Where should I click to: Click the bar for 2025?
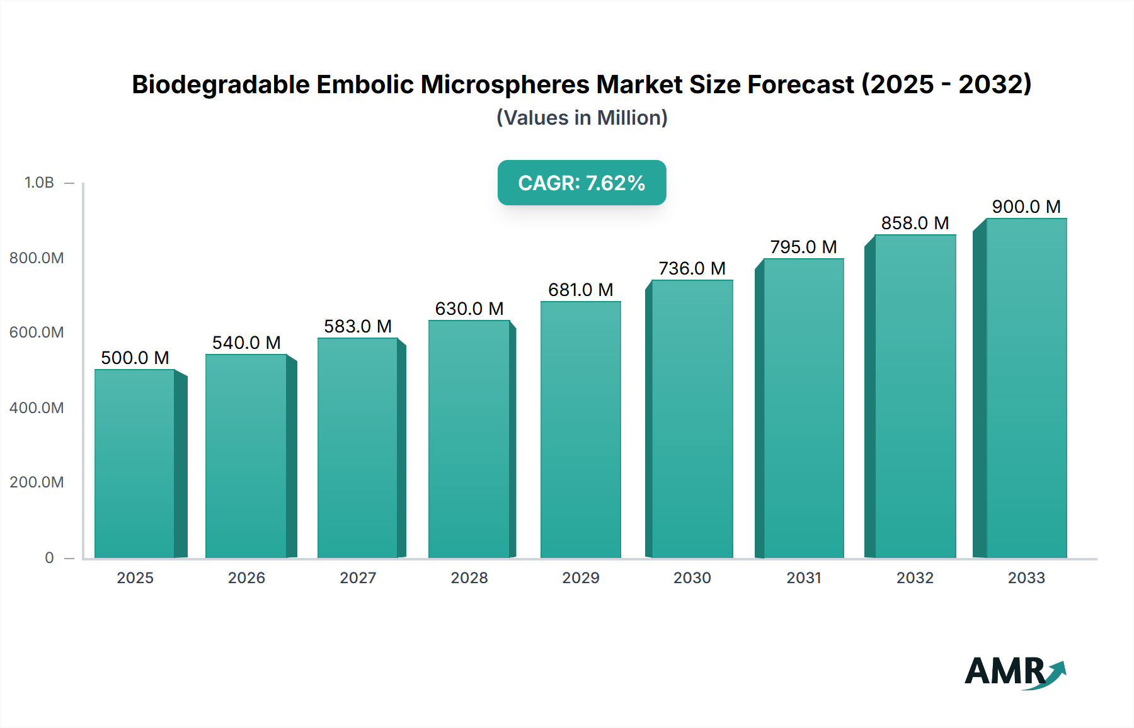135,464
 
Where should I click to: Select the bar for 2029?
580,429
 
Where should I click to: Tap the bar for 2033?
1026,388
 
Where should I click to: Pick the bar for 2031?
803,408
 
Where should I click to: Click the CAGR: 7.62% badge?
581,183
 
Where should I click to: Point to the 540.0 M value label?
246,343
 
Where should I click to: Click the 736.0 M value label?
692,268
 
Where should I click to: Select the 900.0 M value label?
1026,207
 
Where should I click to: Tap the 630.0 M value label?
469,309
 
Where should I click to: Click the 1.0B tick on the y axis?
39,183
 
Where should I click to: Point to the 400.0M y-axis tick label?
37,407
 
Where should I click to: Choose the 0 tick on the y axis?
49,557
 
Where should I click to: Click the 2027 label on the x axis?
358,577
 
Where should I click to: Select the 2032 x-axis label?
915,577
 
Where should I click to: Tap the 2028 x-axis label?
469,577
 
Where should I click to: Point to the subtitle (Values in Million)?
581,118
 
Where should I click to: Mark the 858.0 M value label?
915,223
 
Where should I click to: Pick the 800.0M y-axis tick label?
37,258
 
